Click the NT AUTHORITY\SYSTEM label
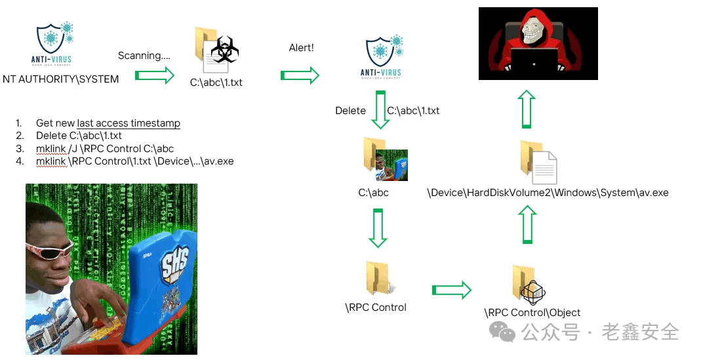pyautogui.click(x=61, y=79)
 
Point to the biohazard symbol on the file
pyautogui.click(x=225, y=49)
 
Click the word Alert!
pyautogui.click(x=302, y=48)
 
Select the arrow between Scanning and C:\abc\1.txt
pyautogui.click(x=155, y=75)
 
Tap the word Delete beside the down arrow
pyautogui.click(x=350, y=110)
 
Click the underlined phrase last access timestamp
pyautogui.click(x=129, y=123)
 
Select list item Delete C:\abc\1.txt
pyautogui.click(x=79, y=136)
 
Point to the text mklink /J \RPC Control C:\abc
pyautogui.click(x=105, y=149)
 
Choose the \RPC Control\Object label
pyautogui.click(x=532, y=313)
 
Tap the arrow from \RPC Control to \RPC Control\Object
pyautogui.click(x=452, y=290)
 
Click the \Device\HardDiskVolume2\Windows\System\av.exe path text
pyautogui.click(x=548, y=193)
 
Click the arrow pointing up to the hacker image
pyautogui.click(x=527, y=109)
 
